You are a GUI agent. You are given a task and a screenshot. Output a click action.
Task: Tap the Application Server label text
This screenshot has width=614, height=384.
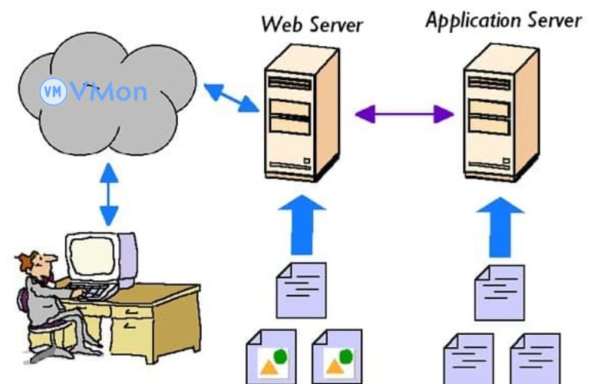[x=503, y=20]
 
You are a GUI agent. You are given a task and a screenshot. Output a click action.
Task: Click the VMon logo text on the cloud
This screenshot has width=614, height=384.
[x=107, y=93]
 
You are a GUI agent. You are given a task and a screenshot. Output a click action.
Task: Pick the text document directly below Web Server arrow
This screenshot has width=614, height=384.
[x=301, y=292]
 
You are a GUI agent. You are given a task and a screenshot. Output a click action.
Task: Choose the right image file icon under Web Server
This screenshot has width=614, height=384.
[x=336, y=357]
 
